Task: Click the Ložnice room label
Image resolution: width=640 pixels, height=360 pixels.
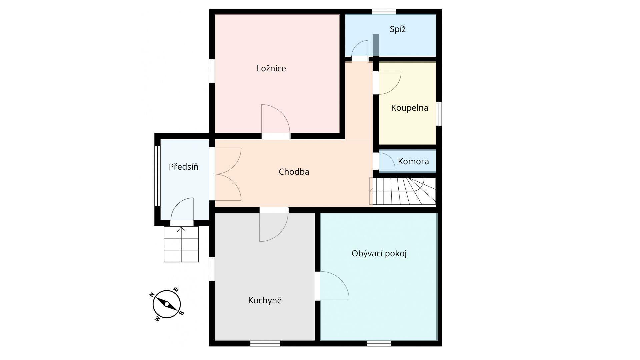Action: (271, 69)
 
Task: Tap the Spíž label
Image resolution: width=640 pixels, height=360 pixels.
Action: (398, 29)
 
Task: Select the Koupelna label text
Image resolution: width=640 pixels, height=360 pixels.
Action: (409, 108)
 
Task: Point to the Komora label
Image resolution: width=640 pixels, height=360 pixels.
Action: (413, 162)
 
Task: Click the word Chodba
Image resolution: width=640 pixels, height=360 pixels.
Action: (294, 172)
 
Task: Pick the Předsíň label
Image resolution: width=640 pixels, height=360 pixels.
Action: (183, 166)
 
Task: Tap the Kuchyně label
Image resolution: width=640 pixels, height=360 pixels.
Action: (265, 300)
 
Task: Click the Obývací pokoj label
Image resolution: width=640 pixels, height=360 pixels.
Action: (379, 254)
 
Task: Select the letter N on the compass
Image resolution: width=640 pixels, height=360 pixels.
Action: (152, 295)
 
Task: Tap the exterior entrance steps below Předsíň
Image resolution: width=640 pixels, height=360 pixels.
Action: (181, 244)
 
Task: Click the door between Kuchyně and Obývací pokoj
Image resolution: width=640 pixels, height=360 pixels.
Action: (332, 286)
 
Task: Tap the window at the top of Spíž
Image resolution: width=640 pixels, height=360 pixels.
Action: (384, 12)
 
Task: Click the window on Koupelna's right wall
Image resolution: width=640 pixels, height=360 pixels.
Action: (439, 114)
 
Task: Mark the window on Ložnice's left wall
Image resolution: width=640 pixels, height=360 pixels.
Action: (212, 71)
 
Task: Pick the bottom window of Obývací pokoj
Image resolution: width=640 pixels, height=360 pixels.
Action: (379, 343)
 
